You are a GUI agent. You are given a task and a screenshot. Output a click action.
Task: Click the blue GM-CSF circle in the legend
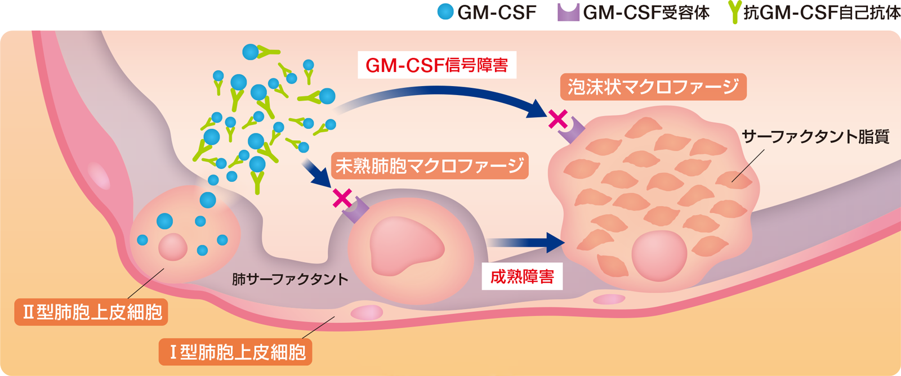click(445, 12)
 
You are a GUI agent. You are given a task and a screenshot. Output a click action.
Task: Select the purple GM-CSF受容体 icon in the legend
click(568, 12)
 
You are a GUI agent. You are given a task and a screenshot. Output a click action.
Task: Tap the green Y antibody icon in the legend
click(734, 12)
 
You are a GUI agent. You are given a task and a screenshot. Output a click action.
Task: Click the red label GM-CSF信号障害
click(437, 65)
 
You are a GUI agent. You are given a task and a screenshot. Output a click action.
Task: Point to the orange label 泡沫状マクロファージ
click(653, 87)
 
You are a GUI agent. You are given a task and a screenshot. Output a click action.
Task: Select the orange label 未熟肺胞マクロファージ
click(430, 165)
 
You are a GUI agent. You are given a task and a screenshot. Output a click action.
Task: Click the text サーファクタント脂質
click(815, 136)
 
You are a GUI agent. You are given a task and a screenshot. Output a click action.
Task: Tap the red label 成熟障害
click(522, 276)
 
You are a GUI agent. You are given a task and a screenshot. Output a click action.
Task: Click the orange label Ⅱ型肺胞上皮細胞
click(92, 312)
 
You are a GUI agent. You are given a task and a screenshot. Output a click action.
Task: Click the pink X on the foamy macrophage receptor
click(558, 119)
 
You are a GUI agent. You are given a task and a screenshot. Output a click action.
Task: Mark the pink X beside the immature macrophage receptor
click(342, 198)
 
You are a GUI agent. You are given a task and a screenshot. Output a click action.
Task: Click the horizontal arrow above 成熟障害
click(527, 243)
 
